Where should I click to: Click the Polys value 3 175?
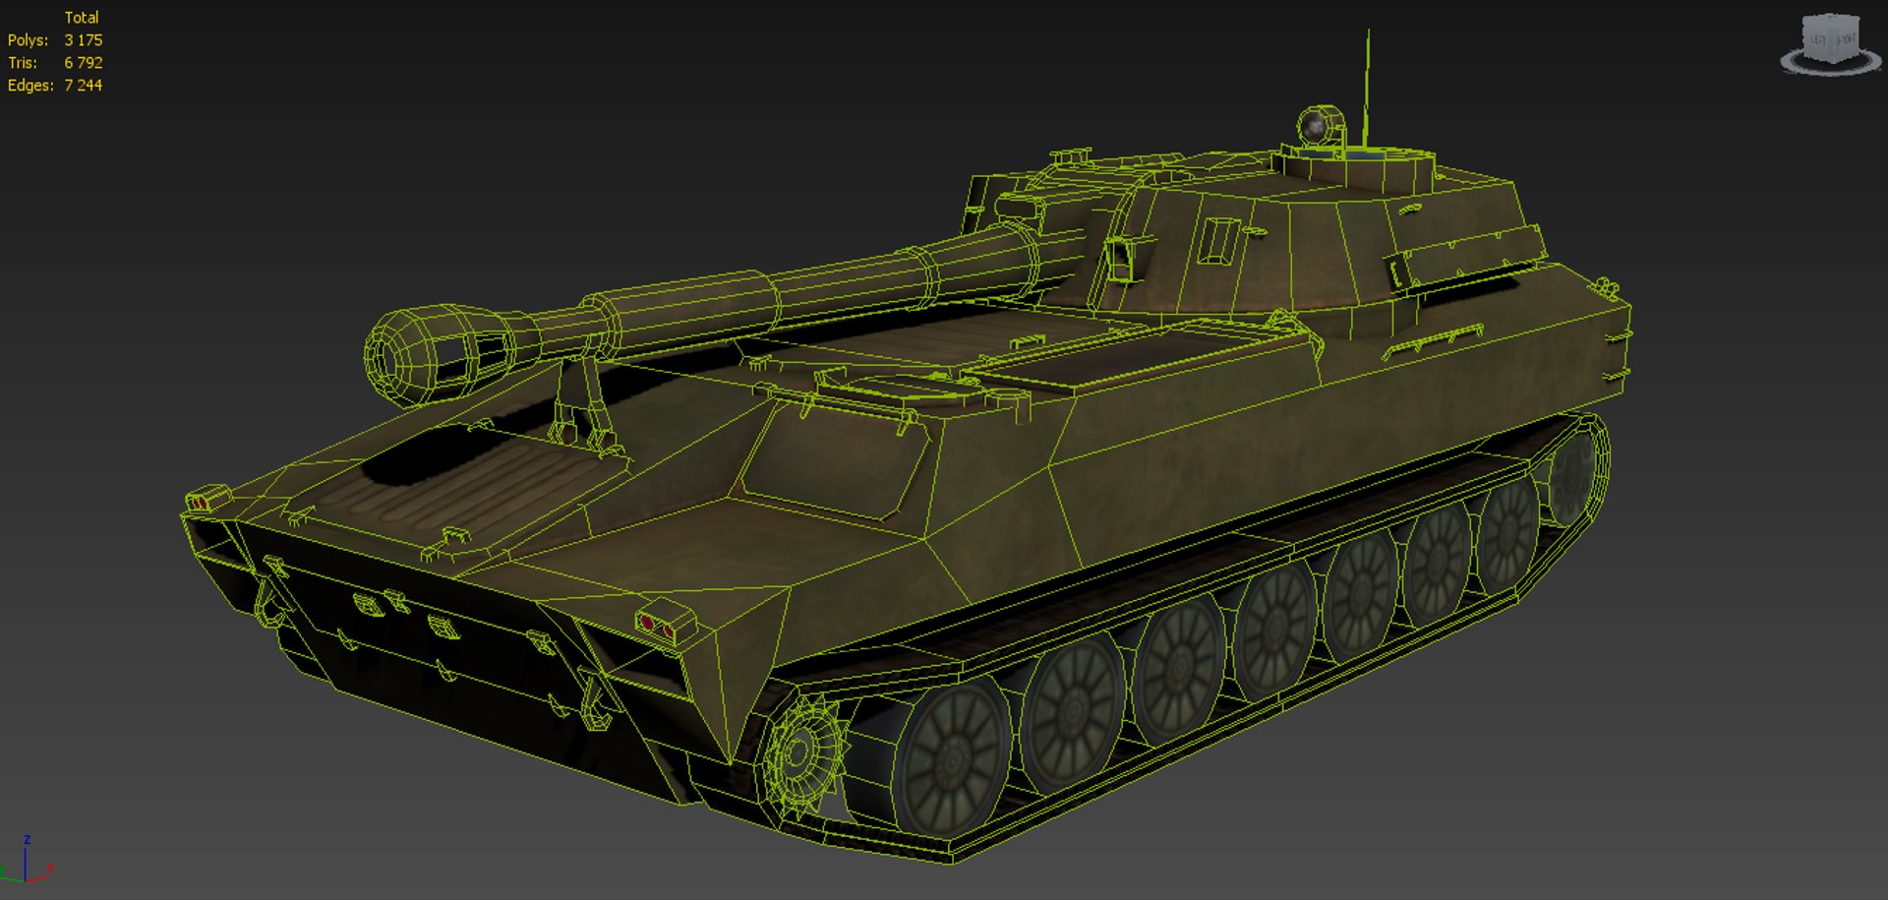[83, 40]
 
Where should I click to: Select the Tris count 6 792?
[83, 63]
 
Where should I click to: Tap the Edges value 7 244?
[83, 86]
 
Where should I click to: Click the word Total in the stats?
[81, 18]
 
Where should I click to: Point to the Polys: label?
[28, 40]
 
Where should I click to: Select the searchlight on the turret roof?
[1318, 126]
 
